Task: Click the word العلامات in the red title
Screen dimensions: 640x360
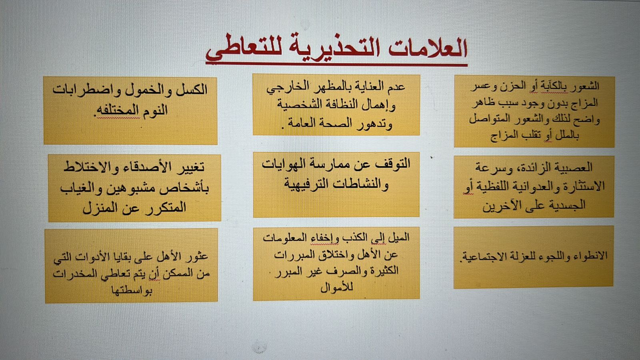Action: [x=428, y=48]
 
